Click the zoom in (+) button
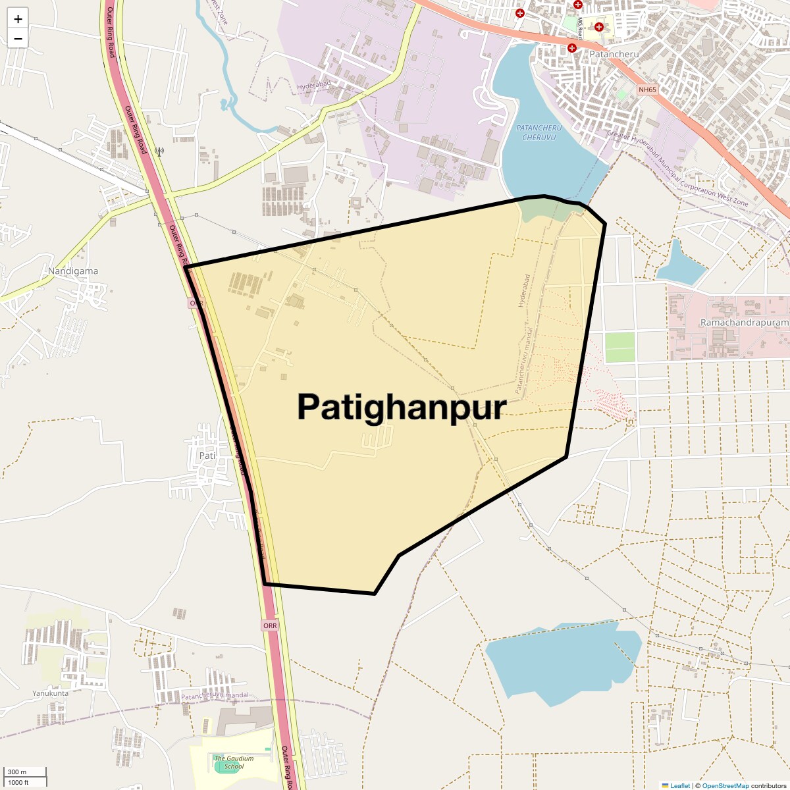click(x=18, y=18)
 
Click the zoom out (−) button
click(x=18, y=38)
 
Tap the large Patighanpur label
click(x=402, y=407)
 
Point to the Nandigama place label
click(x=73, y=271)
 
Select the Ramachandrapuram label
click(x=744, y=323)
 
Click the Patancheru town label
click(x=614, y=54)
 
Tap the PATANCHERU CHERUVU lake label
click(x=539, y=132)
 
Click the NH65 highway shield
click(x=647, y=90)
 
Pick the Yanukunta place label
click(x=51, y=693)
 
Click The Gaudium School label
click(x=234, y=762)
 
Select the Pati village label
click(x=207, y=456)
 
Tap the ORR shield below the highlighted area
click(x=270, y=625)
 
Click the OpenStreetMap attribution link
click(x=725, y=785)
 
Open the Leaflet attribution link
click(x=680, y=785)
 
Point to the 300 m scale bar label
click(x=18, y=772)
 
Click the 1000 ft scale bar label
click(x=19, y=782)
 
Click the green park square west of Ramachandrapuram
click(x=619, y=347)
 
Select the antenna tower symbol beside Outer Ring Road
click(x=159, y=151)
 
